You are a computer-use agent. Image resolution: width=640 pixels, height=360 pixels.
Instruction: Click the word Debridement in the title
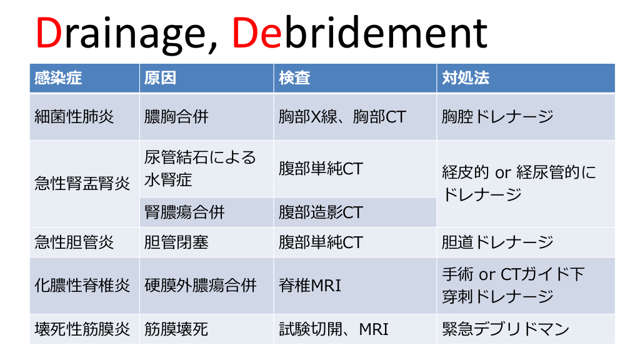(359, 32)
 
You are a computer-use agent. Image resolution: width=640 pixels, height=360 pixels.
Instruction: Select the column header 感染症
(58, 77)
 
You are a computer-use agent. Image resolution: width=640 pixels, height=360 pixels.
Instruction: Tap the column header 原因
(160, 77)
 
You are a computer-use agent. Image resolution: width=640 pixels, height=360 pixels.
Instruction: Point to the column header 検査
(294, 77)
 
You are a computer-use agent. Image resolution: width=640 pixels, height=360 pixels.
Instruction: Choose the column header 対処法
(465, 77)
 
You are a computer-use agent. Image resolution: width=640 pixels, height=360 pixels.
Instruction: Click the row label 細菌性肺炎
(74, 117)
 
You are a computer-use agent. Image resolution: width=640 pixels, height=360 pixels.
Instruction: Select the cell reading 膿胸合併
(176, 117)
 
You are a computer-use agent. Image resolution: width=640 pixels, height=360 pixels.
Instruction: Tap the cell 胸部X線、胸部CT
(342, 117)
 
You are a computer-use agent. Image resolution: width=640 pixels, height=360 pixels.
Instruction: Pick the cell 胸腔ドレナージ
(497, 117)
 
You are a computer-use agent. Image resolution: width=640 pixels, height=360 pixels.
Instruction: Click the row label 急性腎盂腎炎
(82, 183)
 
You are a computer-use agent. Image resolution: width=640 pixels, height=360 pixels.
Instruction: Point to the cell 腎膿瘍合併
(184, 212)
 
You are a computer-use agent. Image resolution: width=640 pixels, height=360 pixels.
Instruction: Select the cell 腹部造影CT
(321, 212)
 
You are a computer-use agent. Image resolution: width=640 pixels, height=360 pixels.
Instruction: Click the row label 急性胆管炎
(74, 242)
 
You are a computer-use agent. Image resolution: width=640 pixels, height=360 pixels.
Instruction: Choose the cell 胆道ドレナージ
(497, 242)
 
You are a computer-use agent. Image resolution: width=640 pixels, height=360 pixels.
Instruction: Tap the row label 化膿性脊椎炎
(82, 285)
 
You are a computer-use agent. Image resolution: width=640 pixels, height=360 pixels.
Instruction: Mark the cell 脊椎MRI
(310, 285)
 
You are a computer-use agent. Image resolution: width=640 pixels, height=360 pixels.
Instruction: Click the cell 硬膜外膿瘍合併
(200, 285)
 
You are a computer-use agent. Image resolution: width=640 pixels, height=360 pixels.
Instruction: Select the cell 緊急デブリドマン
(505, 329)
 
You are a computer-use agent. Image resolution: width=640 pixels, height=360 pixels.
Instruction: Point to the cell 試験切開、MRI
(334, 329)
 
